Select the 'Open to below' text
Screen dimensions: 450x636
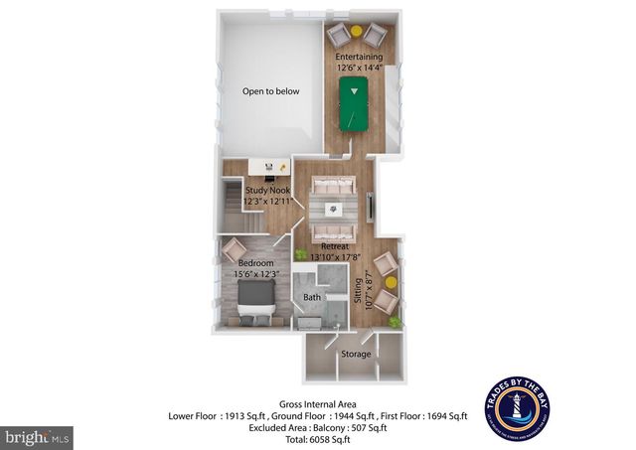pyautogui.click(x=271, y=91)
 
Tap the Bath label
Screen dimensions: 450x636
pyautogui.click(x=312, y=297)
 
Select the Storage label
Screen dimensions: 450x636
pyautogui.click(x=356, y=354)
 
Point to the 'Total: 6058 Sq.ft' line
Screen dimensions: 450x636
pyautogui.click(x=317, y=438)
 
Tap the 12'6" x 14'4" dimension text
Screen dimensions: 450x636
pyautogui.click(x=359, y=69)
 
